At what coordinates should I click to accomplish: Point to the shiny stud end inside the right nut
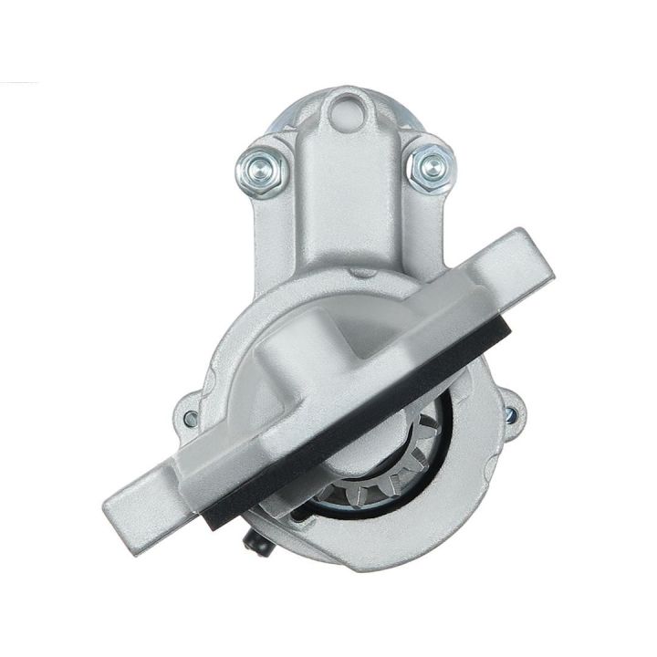click(x=425, y=164)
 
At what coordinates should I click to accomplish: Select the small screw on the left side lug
click(x=190, y=419)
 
